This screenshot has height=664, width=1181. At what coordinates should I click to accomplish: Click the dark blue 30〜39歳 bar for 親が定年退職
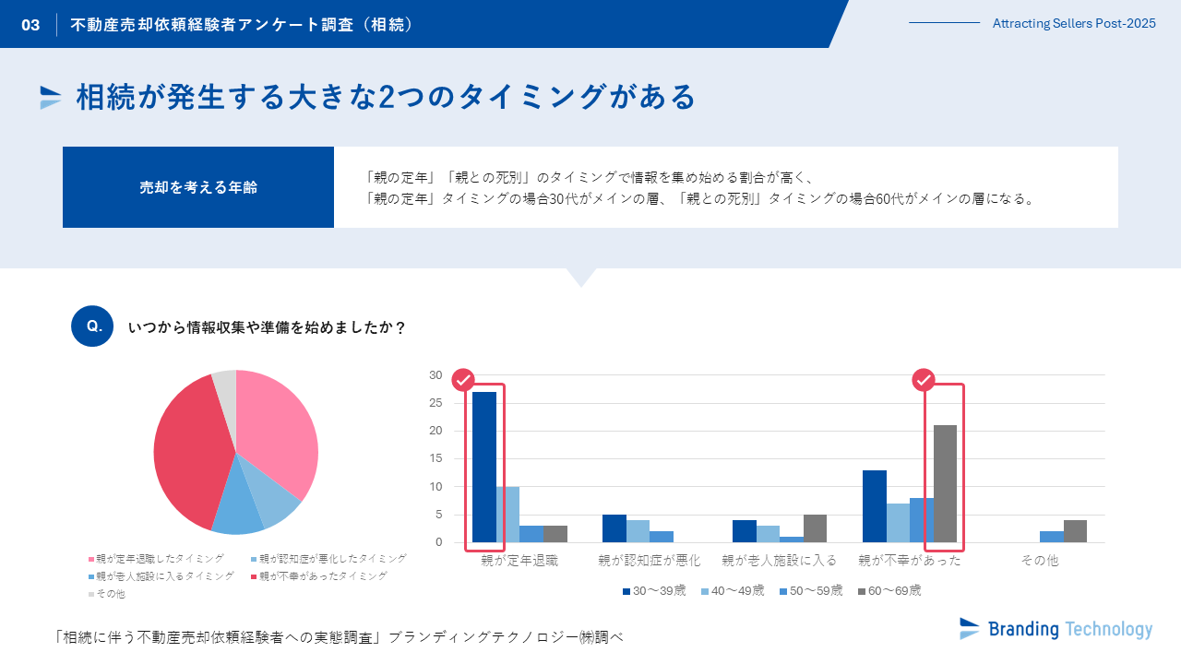tap(484, 467)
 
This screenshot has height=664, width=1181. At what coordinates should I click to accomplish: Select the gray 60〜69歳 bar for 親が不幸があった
tap(945, 483)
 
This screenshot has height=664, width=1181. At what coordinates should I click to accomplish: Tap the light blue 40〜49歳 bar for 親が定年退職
tap(507, 514)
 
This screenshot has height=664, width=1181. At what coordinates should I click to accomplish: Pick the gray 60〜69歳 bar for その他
tap(1075, 531)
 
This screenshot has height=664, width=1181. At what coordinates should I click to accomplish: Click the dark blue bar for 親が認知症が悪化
tap(614, 528)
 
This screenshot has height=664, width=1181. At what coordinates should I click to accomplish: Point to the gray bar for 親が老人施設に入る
tap(815, 528)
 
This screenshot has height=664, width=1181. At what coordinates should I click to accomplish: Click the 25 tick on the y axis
tap(435, 403)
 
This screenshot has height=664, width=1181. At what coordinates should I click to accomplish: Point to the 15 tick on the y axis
tap(435, 458)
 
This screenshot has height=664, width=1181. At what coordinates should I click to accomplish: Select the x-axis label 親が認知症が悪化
tap(649, 560)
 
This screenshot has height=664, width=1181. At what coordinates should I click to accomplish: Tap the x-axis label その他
tap(1039, 560)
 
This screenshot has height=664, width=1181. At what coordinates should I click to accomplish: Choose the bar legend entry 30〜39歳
tap(653, 590)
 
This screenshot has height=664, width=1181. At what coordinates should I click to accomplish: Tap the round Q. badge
tap(92, 326)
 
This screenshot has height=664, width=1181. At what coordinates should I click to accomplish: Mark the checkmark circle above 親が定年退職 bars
tap(463, 380)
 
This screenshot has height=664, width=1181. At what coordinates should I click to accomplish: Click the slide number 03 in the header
tap(30, 25)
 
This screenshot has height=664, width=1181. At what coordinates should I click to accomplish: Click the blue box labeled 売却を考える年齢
tap(198, 187)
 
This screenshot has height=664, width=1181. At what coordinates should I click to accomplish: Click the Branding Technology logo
tap(1056, 629)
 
